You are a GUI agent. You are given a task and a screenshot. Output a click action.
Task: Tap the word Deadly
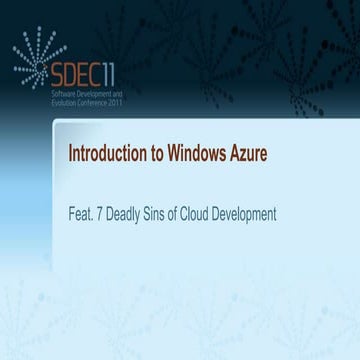click(x=127, y=214)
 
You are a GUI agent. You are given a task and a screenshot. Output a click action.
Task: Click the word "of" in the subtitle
click(x=185, y=214)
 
